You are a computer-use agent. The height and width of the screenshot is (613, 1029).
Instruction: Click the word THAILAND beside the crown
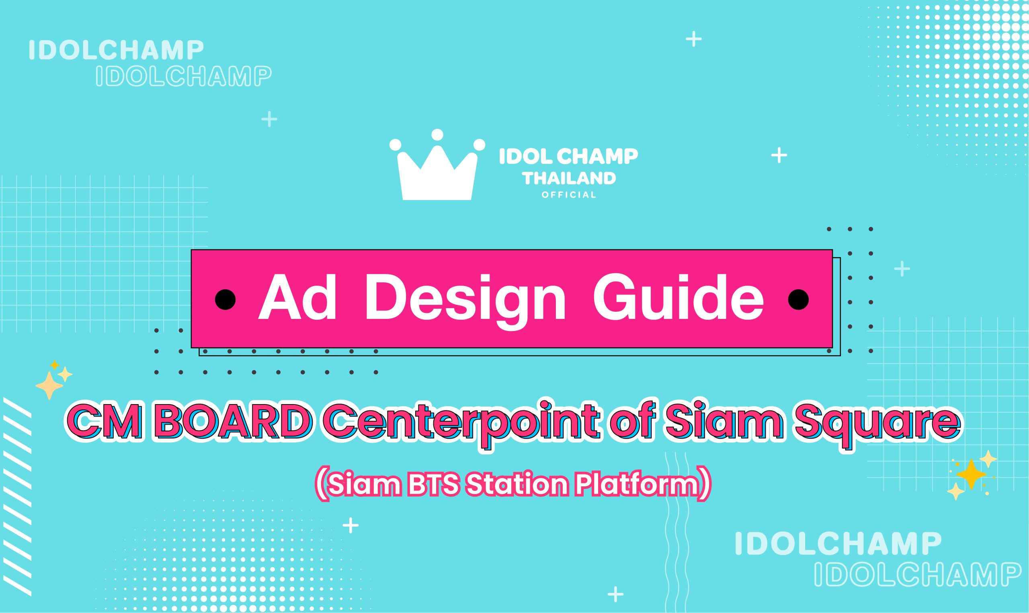coord(569,178)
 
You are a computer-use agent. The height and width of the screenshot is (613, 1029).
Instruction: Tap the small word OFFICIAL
coord(569,195)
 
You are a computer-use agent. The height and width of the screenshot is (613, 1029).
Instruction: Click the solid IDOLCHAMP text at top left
coord(116,50)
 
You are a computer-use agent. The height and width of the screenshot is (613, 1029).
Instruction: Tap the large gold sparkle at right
coord(971,474)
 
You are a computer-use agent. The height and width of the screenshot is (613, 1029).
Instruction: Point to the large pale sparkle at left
coord(49,385)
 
